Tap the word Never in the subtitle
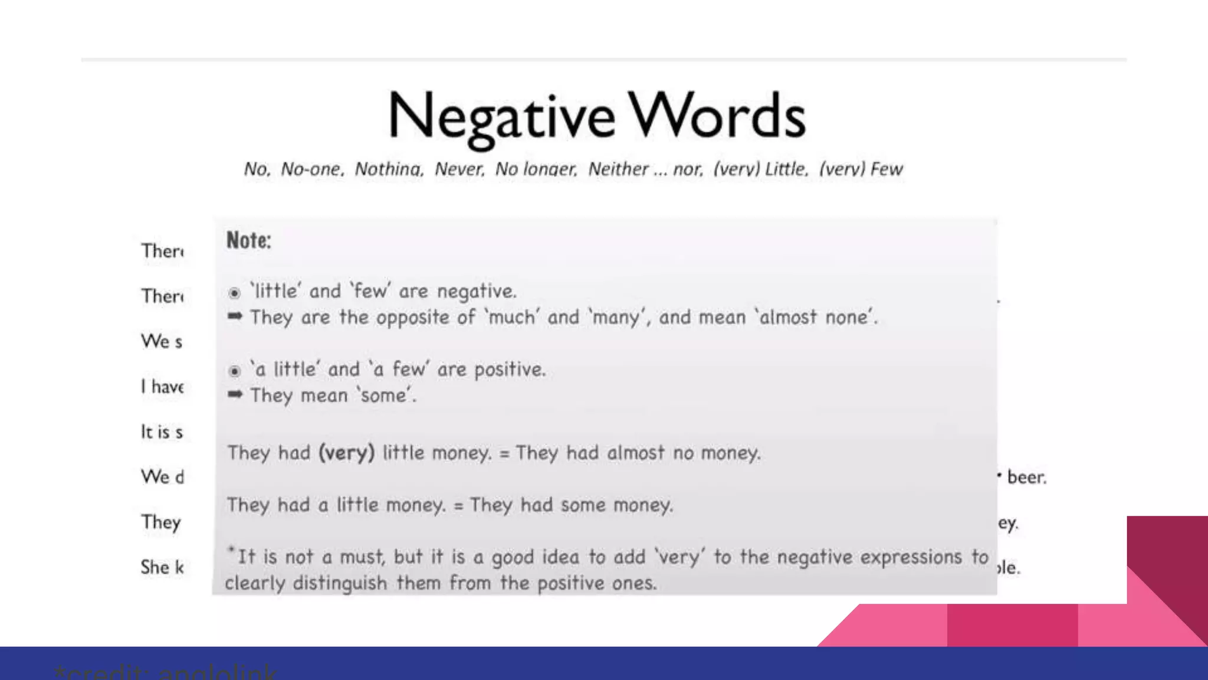pos(459,169)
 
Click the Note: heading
pos(249,240)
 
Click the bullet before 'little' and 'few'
pos(234,293)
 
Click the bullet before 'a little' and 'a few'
pos(234,371)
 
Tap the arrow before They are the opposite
pos(235,316)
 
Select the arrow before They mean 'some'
pos(235,394)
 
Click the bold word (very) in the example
pos(346,453)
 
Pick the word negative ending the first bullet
pos(476,292)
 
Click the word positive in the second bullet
pos(510,370)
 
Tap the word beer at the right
pos(1026,477)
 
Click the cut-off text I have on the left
pos(162,387)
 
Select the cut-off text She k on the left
pos(162,567)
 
